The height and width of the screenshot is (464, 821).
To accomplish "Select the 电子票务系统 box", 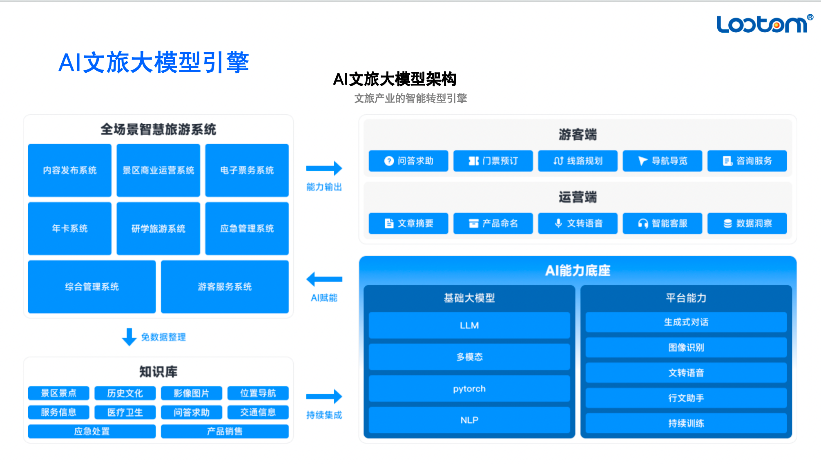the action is click(x=247, y=170).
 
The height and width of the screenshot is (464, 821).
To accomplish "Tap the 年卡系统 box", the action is click(x=70, y=228).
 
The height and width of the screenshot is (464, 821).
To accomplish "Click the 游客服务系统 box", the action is click(x=225, y=287).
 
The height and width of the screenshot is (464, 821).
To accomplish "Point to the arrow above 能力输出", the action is click(x=324, y=168).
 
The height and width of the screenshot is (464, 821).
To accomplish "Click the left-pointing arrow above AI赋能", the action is click(x=324, y=279).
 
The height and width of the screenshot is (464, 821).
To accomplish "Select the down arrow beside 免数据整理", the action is click(x=129, y=337).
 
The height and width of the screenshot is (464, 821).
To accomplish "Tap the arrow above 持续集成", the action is click(x=324, y=396).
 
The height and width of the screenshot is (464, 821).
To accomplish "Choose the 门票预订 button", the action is click(x=493, y=161).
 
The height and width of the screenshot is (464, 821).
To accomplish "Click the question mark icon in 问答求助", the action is click(x=389, y=161).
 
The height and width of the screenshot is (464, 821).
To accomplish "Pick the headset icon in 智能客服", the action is click(x=643, y=223).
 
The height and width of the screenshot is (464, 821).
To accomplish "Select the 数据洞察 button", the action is click(x=747, y=223).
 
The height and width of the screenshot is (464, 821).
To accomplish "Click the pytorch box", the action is click(x=469, y=388).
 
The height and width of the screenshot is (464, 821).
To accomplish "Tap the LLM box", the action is click(x=469, y=326).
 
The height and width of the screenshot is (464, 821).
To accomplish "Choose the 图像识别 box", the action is click(x=686, y=348).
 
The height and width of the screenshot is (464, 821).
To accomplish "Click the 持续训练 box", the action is click(x=686, y=423).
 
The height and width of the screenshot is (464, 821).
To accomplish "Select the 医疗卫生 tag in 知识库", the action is click(x=125, y=413).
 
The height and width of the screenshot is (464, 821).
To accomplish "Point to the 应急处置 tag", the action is click(x=92, y=431).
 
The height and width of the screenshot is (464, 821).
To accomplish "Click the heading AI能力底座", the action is click(x=578, y=270).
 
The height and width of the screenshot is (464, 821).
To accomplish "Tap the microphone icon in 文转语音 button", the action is click(x=558, y=223).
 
